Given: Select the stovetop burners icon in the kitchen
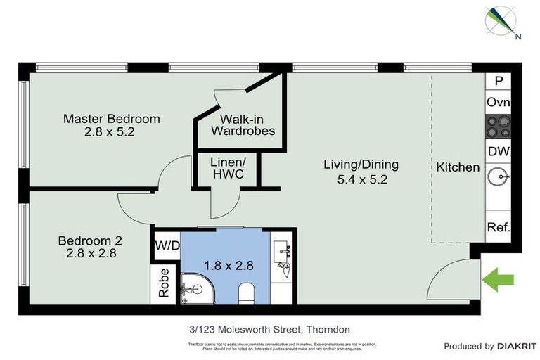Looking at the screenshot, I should pyautogui.click(x=499, y=127).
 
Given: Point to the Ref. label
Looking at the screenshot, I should pyautogui.click(x=499, y=228).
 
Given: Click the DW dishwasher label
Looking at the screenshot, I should pyautogui.click(x=499, y=152).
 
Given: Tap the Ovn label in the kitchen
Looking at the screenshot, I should pyautogui.click(x=499, y=103).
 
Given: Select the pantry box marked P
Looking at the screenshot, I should pyautogui.click(x=499, y=81).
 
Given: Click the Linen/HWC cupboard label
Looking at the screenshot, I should pyautogui.click(x=227, y=168).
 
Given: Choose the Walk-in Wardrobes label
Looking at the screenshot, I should pyautogui.click(x=243, y=125).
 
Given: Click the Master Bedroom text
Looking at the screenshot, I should pyautogui.click(x=111, y=118).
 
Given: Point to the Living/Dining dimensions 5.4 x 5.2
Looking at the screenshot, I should pyautogui.click(x=361, y=179).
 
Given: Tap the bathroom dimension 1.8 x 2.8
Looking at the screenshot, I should pyautogui.click(x=228, y=266).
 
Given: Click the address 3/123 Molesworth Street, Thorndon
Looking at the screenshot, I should pyautogui.click(x=269, y=329).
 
